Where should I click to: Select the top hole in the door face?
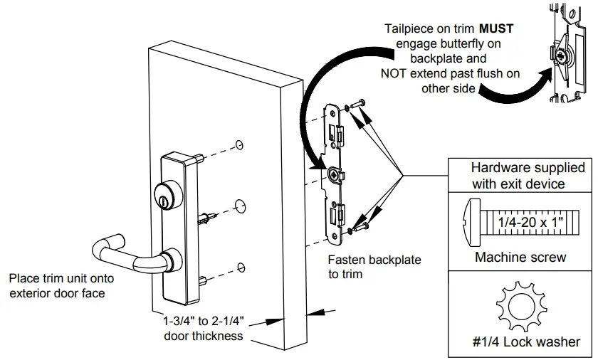(x=241, y=145)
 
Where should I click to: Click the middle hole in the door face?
(x=241, y=207)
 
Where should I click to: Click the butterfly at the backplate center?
(x=335, y=173)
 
